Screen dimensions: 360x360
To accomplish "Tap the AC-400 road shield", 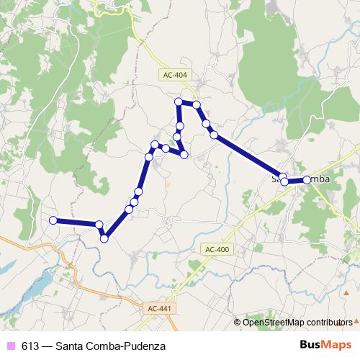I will (216, 249).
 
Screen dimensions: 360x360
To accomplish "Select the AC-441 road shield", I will (159, 307).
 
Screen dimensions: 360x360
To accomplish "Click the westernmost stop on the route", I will (53, 220).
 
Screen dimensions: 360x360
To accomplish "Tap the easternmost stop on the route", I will (307, 179).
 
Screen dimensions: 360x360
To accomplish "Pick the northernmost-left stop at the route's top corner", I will (178, 102).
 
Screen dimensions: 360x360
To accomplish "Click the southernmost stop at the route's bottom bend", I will (104, 238).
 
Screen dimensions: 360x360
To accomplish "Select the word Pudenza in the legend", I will (145, 346).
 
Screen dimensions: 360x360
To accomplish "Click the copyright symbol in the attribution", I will (238, 322).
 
